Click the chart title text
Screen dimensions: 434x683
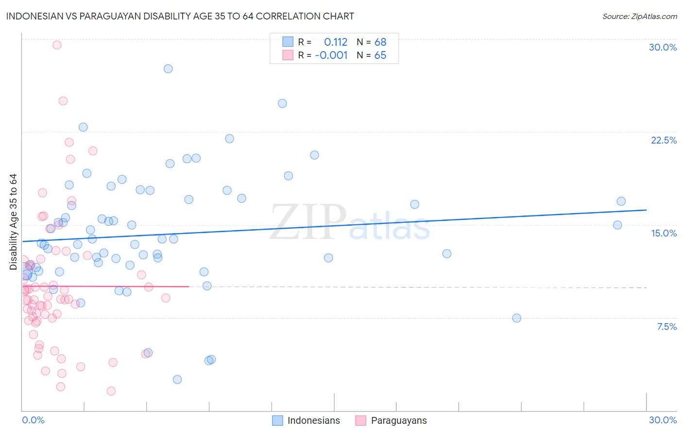[x=180, y=16]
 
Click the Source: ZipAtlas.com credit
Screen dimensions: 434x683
[x=639, y=16]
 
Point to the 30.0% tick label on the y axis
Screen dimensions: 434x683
[x=663, y=47]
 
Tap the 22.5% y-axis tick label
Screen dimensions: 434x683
[x=664, y=140]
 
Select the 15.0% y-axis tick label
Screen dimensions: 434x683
[x=664, y=233]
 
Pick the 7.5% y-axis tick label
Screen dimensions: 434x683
[x=666, y=326]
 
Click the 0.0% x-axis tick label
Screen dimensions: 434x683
[x=33, y=420]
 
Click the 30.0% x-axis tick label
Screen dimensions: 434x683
[x=663, y=420]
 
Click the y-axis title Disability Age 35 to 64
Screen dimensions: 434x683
[x=13, y=222]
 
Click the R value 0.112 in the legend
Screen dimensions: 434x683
[x=336, y=42]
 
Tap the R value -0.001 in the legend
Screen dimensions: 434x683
[x=331, y=55]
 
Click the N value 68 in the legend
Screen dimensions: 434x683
[x=380, y=42]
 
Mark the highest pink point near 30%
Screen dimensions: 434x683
[x=57, y=45]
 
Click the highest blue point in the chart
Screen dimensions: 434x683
[x=168, y=69]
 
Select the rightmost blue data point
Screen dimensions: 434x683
[x=621, y=201]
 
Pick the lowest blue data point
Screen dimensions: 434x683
[x=177, y=380]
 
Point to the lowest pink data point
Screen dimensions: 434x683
[x=111, y=391]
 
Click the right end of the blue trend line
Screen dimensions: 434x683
[x=646, y=210]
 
